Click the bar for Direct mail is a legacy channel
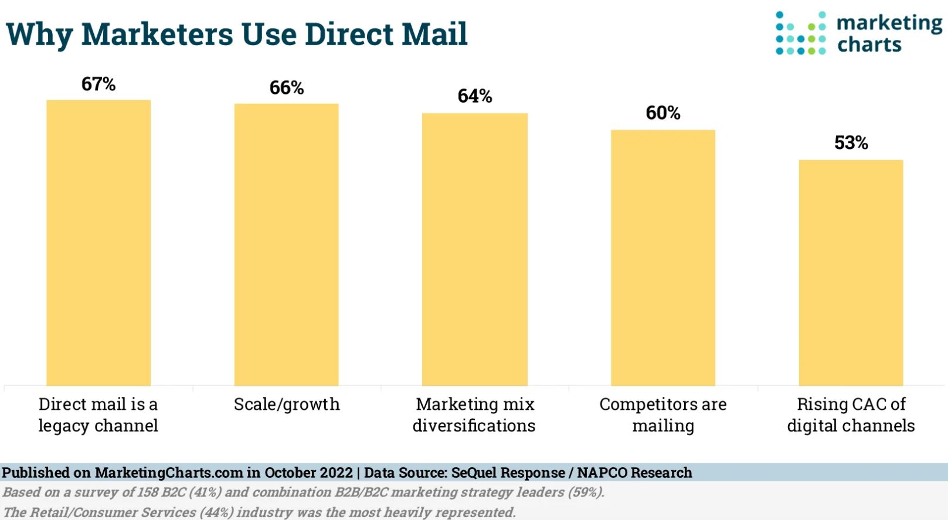[98, 243]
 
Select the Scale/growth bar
[287, 244]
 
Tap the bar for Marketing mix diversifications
[475, 249]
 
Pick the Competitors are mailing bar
[663, 257]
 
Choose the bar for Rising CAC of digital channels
[851, 273]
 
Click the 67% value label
[98, 84]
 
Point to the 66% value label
[287, 88]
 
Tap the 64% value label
[475, 96]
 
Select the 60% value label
[663, 113]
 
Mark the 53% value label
[851, 143]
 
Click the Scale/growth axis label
[287, 405]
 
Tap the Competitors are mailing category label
[663, 415]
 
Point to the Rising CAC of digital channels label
[851, 415]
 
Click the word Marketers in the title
[157, 34]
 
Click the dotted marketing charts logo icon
[800, 33]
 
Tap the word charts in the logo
[869, 45]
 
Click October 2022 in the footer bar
[308, 473]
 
